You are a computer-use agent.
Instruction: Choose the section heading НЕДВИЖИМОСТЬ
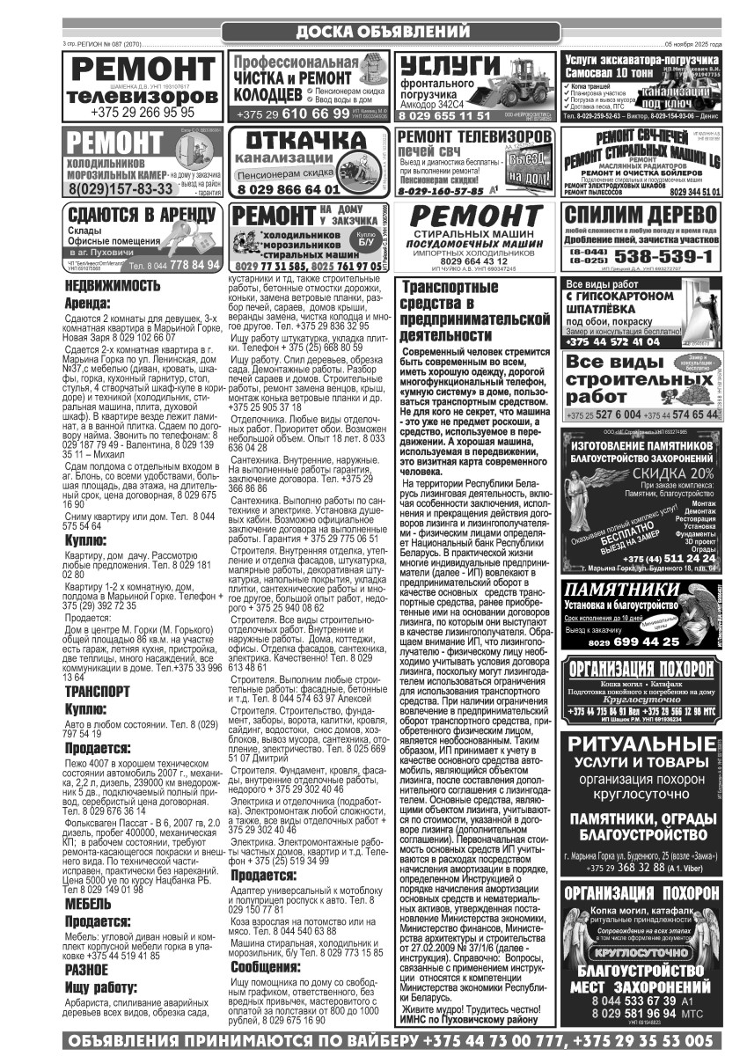[113, 286]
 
